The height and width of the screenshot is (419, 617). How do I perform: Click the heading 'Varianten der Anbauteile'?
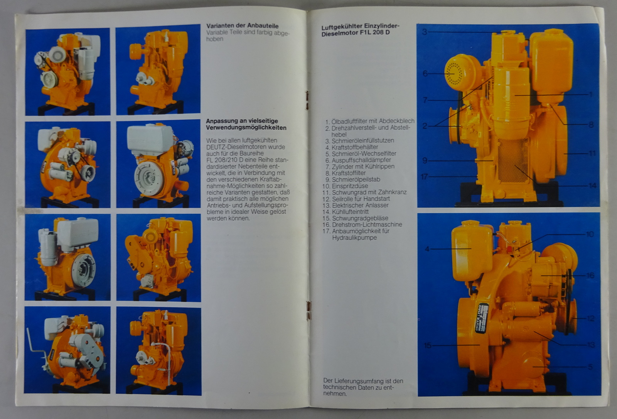tap(243, 26)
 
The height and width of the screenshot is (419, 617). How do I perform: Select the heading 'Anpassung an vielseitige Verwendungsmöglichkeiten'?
tap(246, 124)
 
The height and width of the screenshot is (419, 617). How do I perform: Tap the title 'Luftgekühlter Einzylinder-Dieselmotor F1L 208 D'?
tap(360, 29)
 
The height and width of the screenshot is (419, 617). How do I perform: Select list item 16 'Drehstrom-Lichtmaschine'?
tap(362, 225)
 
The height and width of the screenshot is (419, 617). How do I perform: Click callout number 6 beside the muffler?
tap(425, 74)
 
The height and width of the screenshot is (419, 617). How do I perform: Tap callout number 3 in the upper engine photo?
tap(425, 32)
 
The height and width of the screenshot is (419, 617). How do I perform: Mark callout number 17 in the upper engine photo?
tap(425, 176)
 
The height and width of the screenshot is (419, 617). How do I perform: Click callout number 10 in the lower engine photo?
tap(590, 234)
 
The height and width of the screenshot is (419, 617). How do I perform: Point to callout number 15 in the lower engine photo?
tap(428, 345)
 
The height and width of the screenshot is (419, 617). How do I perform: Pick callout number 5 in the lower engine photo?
tap(590, 367)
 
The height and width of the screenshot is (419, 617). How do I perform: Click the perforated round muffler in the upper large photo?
tap(459, 73)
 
